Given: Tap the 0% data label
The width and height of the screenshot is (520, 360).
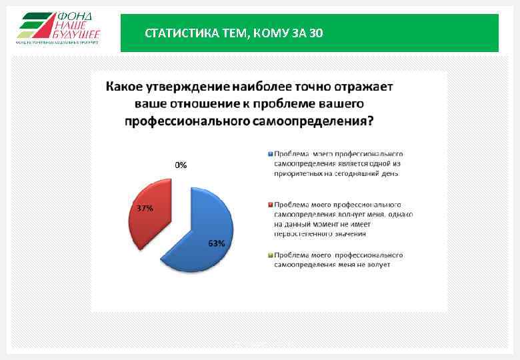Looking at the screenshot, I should click(x=181, y=165).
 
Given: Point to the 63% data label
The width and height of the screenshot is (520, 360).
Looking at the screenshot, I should click(x=217, y=244).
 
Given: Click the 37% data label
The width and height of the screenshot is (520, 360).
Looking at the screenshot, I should click(x=145, y=208).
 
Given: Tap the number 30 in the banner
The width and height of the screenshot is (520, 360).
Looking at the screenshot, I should click(x=317, y=33).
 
